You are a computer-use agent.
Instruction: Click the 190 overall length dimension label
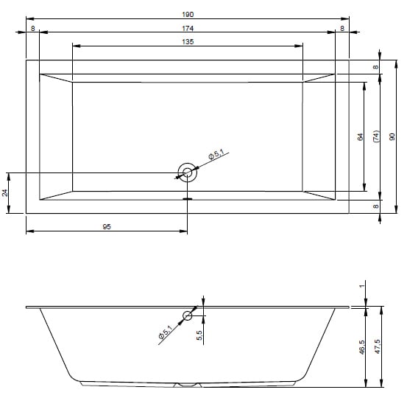point(188,14)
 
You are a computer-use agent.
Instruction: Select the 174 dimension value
point(188,28)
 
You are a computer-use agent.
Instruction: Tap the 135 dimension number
point(188,41)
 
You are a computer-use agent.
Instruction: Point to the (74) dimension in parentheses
point(376,136)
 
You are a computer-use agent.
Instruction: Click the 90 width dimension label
point(392,136)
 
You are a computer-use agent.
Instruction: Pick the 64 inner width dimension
point(360,137)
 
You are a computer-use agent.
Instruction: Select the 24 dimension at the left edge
point(4,192)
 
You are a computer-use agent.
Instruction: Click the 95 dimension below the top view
point(107,226)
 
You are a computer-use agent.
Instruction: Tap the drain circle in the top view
point(188,172)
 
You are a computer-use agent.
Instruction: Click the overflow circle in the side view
point(188,315)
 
